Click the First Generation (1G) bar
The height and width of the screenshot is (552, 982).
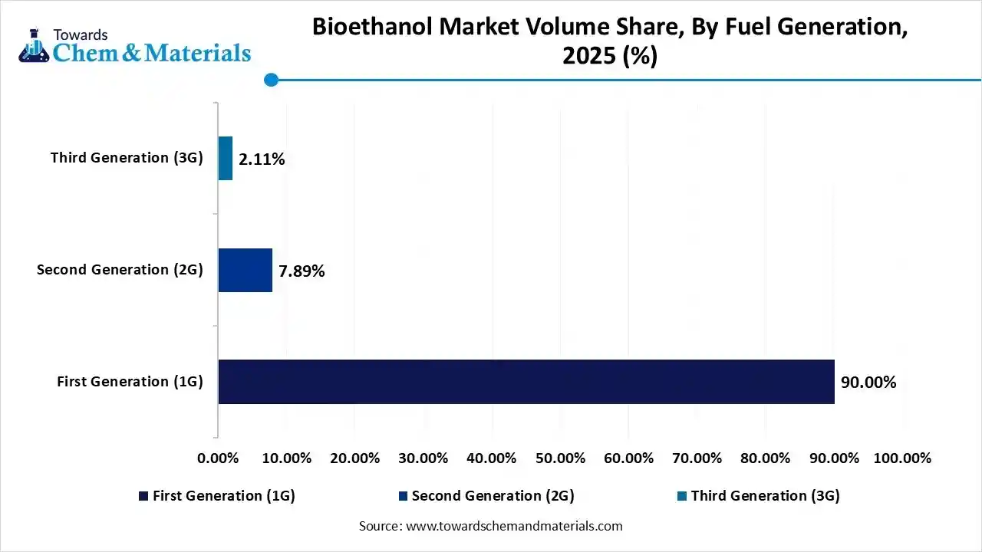click(x=526, y=382)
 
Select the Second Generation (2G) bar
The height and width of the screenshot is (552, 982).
click(x=245, y=270)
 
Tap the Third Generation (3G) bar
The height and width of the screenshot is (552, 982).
click(x=225, y=159)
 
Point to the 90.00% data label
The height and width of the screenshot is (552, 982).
click(x=868, y=383)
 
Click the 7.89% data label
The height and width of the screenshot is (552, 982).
click(x=302, y=271)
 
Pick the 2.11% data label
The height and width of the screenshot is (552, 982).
click(x=262, y=159)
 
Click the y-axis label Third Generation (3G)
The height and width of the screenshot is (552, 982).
click(x=127, y=158)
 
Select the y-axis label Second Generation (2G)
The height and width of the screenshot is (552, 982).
click(x=120, y=270)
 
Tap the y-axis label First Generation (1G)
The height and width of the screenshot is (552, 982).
click(x=130, y=382)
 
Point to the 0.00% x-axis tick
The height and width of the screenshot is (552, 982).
click(x=219, y=458)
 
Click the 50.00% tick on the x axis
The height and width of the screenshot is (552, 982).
click(x=560, y=458)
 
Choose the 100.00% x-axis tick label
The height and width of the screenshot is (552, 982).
click(x=902, y=458)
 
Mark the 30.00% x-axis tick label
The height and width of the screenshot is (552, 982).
click(x=423, y=458)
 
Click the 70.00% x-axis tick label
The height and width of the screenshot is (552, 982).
click(x=697, y=458)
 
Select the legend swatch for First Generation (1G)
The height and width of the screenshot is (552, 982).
click(x=143, y=497)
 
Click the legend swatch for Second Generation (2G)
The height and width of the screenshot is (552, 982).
click(x=402, y=497)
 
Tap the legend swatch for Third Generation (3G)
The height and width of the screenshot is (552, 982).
click(x=681, y=497)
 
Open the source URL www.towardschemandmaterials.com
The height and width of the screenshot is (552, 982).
click(x=513, y=526)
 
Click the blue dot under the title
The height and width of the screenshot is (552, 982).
click(x=270, y=80)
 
